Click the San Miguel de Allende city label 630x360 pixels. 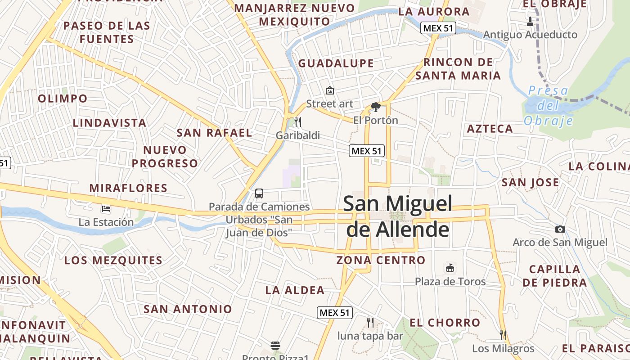[x=398, y=216]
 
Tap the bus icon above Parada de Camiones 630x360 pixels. [x=259, y=193]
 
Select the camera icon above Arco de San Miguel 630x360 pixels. [x=560, y=229]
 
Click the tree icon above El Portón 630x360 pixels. [x=375, y=107]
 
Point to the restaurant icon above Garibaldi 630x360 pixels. [x=297, y=121]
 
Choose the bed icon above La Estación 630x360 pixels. [x=106, y=209]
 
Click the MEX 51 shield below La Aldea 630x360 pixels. [x=335, y=313]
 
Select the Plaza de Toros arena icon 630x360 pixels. [x=450, y=268]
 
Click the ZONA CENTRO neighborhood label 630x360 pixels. [x=381, y=260]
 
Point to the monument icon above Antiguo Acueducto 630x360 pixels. [x=530, y=21]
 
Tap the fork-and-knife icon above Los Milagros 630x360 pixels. [x=503, y=335]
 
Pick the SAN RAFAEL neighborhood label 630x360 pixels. [x=214, y=133]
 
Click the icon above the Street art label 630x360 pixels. [x=330, y=90]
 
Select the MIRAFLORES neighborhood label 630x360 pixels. [x=128, y=188]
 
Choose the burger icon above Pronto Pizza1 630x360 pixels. [x=275, y=346]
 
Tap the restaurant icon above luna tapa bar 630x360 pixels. [x=370, y=322]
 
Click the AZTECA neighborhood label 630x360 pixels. [x=490, y=129]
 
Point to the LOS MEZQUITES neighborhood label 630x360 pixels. [x=113, y=261]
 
